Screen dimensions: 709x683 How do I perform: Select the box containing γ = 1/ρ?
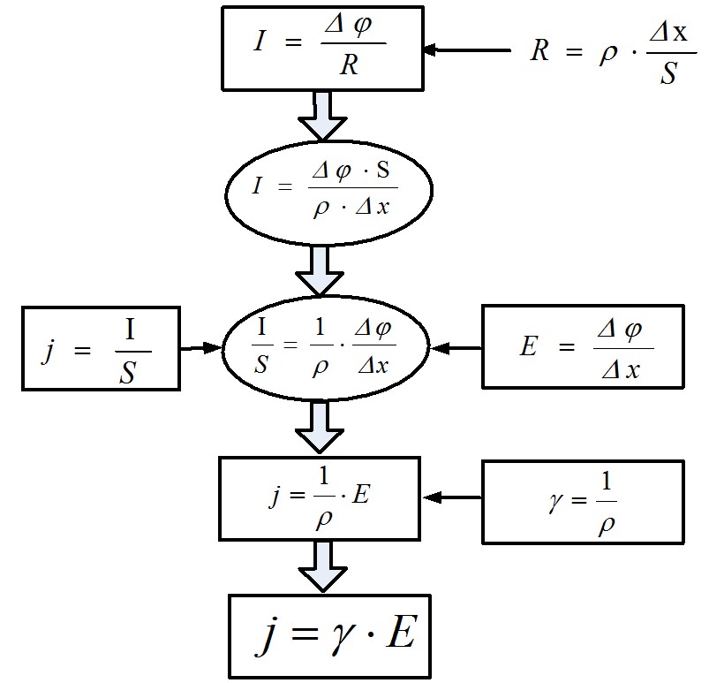pyautogui.click(x=583, y=502)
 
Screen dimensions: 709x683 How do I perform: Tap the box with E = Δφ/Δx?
pyautogui.click(x=583, y=346)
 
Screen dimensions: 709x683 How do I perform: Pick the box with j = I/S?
pyautogui.click(x=101, y=348)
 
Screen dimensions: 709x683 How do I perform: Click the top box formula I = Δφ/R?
pyautogui.click(x=322, y=48)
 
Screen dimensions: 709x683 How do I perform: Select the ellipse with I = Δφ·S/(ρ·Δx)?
pyautogui.click(x=328, y=193)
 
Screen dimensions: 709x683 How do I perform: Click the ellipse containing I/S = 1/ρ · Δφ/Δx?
pyautogui.click(x=326, y=347)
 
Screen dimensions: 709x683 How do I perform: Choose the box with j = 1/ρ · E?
pyautogui.click(x=320, y=498)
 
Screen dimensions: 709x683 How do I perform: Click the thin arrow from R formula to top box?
pyautogui.click(x=468, y=49)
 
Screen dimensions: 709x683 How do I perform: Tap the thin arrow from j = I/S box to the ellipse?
pyautogui.click(x=200, y=348)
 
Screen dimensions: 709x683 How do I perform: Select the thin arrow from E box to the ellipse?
pyautogui.click(x=456, y=348)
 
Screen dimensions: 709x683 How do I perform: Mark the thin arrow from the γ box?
pyautogui.click(x=452, y=497)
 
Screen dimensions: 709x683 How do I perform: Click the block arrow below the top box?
pyautogui.click(x=322, y=115)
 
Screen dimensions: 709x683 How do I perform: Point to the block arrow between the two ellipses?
pyautogui.click(x=320, y=270)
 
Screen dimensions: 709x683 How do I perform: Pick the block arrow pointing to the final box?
pyautogui.click(x=322, y=566)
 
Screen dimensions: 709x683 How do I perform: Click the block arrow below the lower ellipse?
pyautogui.click(x=320, y=428)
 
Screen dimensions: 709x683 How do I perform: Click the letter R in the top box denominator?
pyautogui.click(x=349, y=65)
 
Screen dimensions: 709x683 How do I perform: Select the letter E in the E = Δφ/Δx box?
pyautogui.click(x=529, y=346)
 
